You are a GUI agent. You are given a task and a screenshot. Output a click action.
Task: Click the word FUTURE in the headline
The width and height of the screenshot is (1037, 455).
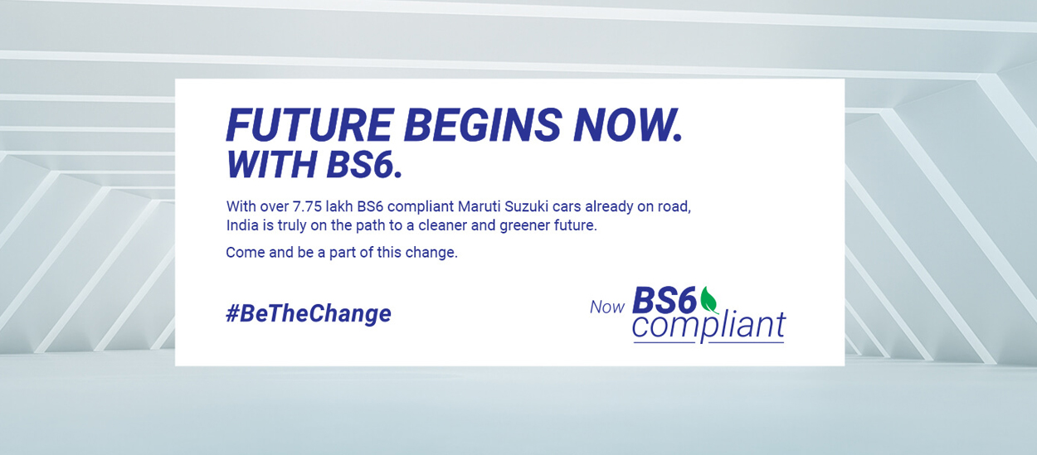310,124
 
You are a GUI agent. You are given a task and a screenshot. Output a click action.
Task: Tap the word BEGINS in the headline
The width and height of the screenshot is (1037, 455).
483,124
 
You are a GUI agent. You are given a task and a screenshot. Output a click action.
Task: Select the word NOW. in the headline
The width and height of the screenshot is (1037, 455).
628,124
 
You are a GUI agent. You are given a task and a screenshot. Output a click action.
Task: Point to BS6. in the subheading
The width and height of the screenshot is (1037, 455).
364,164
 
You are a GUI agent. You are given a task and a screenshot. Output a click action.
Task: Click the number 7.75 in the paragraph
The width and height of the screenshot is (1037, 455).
307,206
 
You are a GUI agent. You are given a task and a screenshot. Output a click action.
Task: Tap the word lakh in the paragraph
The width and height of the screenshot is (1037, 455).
339,206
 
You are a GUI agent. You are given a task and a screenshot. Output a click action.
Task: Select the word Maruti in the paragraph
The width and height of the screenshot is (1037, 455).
480,206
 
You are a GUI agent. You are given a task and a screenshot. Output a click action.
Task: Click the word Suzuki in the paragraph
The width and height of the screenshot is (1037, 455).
526,206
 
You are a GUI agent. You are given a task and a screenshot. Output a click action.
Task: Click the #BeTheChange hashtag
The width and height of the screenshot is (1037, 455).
309,313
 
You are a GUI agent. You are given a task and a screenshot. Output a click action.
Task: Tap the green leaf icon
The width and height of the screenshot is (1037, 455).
708,301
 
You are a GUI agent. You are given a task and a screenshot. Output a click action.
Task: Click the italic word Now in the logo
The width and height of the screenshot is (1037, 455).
607,307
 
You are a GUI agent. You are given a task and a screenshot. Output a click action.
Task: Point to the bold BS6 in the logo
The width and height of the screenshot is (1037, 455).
665,300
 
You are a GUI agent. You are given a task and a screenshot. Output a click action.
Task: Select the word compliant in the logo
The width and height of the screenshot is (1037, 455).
708,326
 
